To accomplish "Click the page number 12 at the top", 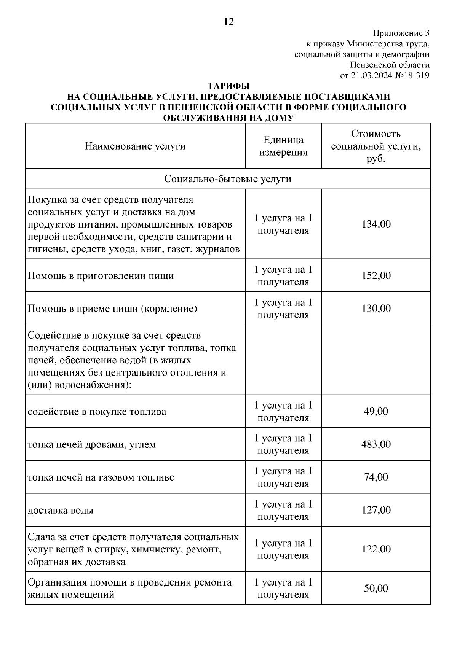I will [229, 22].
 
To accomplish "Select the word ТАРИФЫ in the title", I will [228, 86].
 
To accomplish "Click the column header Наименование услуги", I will [135, 146].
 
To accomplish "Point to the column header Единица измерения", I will [283, 146].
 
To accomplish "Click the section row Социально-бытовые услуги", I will [228, 179].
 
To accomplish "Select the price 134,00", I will [376, 224].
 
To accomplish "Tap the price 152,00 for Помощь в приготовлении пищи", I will [376, 275].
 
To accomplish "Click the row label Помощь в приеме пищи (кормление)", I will [112, 308].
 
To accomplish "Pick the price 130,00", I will [376, 308].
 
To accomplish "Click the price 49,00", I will [376, 411].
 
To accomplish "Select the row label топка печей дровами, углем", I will [92, 444].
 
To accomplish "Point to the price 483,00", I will [376, 444].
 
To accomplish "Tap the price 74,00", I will [376, 477].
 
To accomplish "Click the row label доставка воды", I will [61, 510].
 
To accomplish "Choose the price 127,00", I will [376, 510].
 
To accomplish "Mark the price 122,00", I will [376, 549].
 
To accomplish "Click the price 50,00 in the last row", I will [376, 588].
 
